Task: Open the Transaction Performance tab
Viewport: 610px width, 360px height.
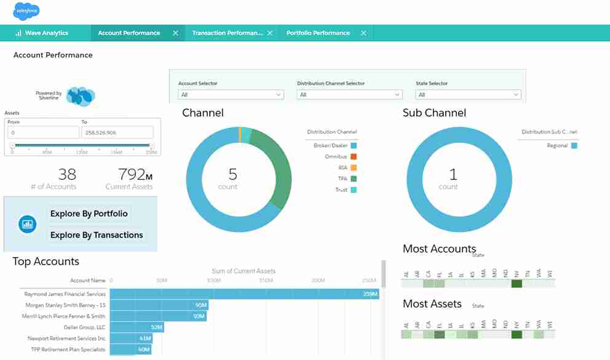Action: pyautogui.click(x=228, y=33)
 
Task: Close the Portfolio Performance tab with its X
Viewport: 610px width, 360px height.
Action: pyautogui.click(x=363, y=33)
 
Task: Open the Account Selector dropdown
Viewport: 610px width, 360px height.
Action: pyautogui.click(x=231, y=95)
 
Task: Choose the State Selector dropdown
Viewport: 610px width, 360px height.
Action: pyautogui.click(x=468, y=95)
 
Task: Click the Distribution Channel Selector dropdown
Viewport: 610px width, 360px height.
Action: pyautogui.click(x=349, y=95)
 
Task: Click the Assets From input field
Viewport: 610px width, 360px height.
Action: pyautogui.click(x=43, y=132)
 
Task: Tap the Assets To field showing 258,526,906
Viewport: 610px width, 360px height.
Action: pyautogui.click(x=117, y=132)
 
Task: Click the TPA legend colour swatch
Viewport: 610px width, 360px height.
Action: pyautogui.click(x=354, y=179)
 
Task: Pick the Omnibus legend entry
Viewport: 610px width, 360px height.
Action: pyautogui.click(x=336, y=157)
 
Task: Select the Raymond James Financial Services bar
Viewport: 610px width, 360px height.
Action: pyautogui.click(x=244, y=294)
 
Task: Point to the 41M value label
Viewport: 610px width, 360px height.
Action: pyautogui.click(x=145, y=338)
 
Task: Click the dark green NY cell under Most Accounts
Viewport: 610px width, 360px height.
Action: pyautogui.click(x=516, y=284)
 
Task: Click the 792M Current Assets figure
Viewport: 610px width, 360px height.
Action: pyautogui.click(x=129, y=175)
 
